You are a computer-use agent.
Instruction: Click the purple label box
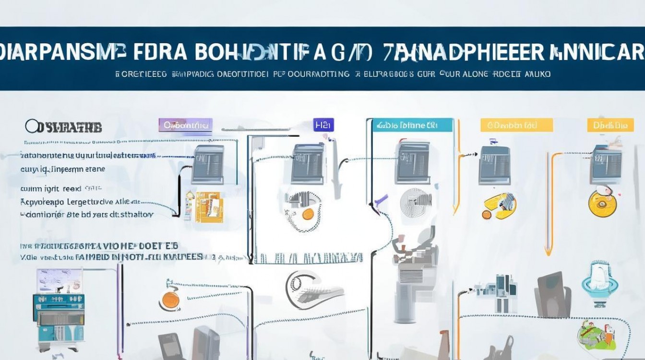(x=185, y=125)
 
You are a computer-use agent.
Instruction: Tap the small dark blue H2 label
(x=323, y=125)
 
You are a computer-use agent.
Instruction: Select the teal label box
(x=412, y=125)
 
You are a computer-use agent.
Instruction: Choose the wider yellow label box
(x=516, y=125)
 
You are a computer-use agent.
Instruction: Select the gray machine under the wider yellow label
(x=494, y=164)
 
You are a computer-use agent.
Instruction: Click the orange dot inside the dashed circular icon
(x=308, y=213)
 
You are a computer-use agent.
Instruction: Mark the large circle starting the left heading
(x=31, y=127)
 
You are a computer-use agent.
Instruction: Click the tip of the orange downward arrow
(x=547, y=252)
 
